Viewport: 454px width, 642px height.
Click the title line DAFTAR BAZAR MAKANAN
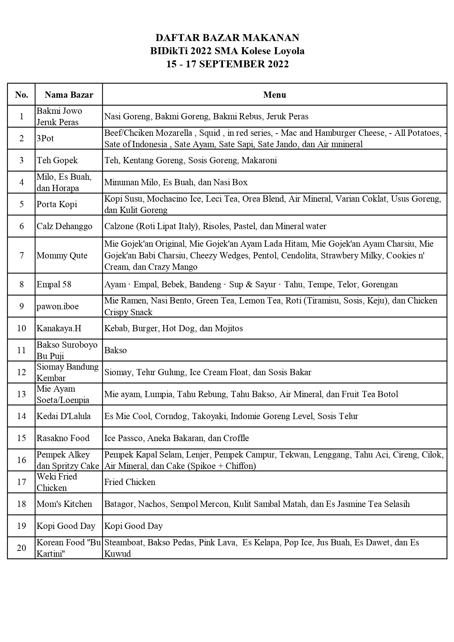point(227,38)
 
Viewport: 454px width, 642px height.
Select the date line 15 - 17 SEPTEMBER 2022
point(227,64)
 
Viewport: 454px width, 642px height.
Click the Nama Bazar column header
point(69,95)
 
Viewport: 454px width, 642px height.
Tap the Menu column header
point(275,95)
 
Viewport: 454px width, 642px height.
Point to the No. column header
point(22,95)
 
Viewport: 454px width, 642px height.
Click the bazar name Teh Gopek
point(57,160)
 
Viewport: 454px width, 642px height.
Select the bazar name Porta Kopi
point(57,204)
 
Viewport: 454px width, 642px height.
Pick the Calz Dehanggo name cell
point(64,226)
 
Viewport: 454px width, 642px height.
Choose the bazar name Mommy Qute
point(62,255)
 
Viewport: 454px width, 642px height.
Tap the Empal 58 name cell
point(54,284)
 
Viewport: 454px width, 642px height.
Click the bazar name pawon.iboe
point(57,306)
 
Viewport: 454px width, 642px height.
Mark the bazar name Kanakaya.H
point(59,328)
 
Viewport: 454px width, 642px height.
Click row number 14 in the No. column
point(22,416)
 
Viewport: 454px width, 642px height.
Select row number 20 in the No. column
point(22,548)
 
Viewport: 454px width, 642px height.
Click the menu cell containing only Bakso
point(116,350)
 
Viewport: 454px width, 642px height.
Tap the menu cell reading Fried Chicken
point(130,482)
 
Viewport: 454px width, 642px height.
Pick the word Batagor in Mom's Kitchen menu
point(119,504)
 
